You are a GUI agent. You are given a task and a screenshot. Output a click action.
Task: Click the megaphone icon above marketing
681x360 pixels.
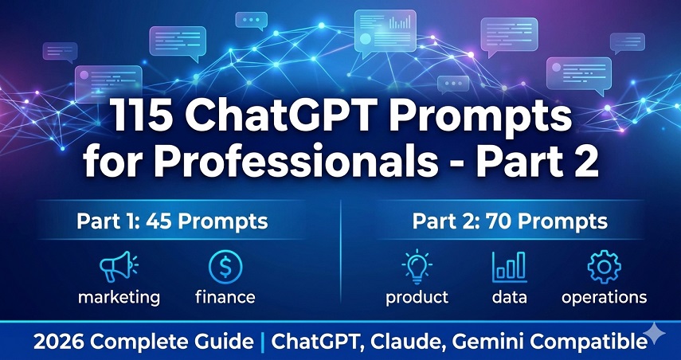(x=119, y=267)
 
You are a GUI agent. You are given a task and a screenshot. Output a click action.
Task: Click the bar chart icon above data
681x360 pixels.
(x=509, y=267)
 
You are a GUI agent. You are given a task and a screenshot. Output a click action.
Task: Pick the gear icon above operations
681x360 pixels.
(x=603, y=267)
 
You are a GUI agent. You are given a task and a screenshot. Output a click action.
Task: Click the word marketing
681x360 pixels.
(x=119, y=298)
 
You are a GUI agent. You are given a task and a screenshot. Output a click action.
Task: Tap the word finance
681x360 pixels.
(x=225, y=298)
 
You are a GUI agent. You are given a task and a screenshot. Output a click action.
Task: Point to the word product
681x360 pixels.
(x=417, y=298)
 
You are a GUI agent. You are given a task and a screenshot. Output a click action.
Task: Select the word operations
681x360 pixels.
(x=604, y=298)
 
